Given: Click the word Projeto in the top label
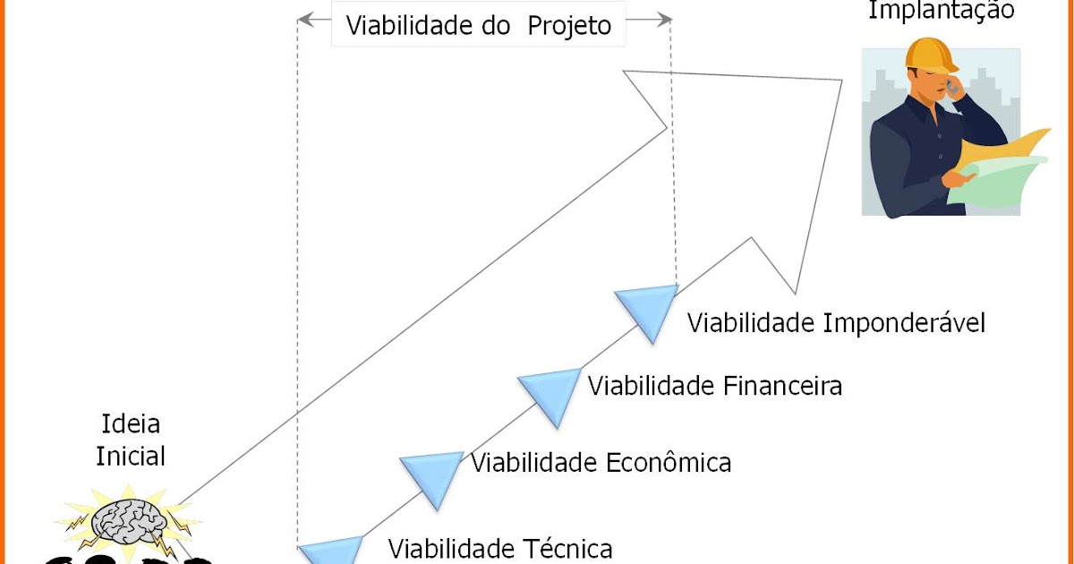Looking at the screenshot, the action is tap(569, 26).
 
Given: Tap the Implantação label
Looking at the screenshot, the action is tap(942, 10).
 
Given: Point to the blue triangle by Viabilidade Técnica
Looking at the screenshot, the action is tap(331, 551).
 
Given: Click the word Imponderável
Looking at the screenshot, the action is tap(904, 322).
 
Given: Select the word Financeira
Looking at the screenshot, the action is tap(782, 386).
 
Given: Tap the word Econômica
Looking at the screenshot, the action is tap(669, 462).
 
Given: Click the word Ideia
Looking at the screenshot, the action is tap(131, 424).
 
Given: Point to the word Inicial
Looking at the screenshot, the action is tap(131, 456).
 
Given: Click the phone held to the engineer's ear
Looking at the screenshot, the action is tap(951, 86).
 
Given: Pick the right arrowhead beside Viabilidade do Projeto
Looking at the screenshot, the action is tap(663, 20).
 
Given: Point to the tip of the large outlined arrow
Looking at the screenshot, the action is tap(842, 80).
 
